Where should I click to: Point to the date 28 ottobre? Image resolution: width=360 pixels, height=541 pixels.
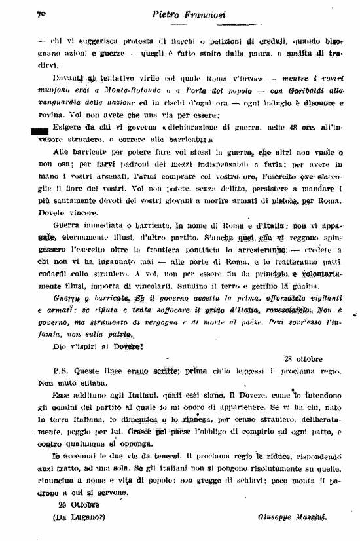[304, 358]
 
